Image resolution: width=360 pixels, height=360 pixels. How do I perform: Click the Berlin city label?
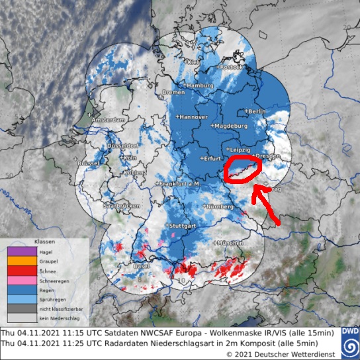click(258, 112)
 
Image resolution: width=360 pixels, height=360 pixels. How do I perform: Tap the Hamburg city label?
click(201, 86)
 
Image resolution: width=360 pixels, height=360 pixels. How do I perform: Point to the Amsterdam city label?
click(109, 120)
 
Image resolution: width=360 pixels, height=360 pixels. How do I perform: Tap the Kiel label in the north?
click(194, 62)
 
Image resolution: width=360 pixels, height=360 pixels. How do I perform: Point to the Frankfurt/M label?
click(179, 183)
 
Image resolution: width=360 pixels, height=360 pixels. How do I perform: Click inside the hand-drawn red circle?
click(242, 170)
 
